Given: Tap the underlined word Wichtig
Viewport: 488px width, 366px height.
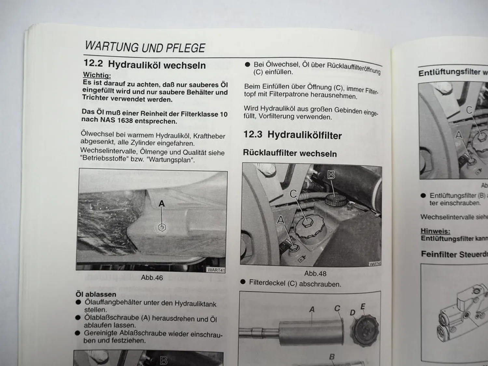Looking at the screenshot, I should coord(97,75).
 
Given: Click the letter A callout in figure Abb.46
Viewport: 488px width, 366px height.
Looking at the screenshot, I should coord(161,204).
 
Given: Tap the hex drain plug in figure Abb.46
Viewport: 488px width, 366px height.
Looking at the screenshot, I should coord(162,227).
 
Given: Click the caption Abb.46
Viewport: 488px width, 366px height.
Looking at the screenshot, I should coord(152,278).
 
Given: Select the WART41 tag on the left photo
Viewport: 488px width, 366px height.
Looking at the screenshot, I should coord(216,270).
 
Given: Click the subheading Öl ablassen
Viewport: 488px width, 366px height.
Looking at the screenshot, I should coord(96,294).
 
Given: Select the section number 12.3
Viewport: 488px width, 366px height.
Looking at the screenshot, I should coord(253,134).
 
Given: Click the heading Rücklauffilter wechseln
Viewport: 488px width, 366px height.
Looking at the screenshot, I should coord(290,153).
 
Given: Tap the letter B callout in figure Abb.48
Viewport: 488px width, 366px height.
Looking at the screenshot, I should coord(331,175).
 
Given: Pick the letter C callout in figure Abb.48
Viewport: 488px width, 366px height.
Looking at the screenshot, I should coord(293,194).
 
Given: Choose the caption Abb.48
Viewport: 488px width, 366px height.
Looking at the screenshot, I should coord(315,274).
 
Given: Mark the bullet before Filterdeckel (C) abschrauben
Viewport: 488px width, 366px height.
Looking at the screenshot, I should coord(243,282).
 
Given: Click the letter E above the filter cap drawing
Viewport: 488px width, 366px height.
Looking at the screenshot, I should coord(363,306).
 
